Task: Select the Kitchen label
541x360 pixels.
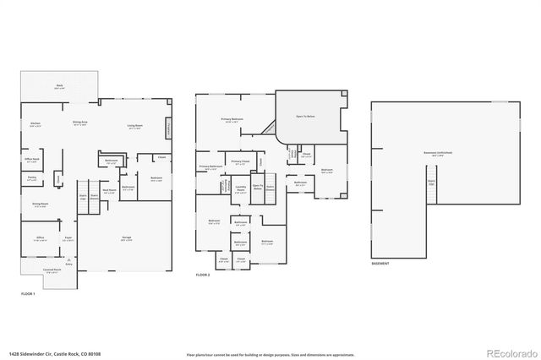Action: coord(36,123)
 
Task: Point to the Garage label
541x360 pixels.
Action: coord(125,237)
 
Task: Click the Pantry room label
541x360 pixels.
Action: coord(32,178)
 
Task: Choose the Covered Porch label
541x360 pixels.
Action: coord(52,271)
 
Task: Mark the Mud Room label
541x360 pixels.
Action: coord(109,192)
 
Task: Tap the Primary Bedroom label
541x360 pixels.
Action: coord(232,121)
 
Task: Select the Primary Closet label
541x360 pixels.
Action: coord(239,161)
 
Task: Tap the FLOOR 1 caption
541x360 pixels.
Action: coord(29,292)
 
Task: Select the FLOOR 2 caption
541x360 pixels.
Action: coord(203,275)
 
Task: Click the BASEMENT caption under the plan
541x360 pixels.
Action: coord(380,264)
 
